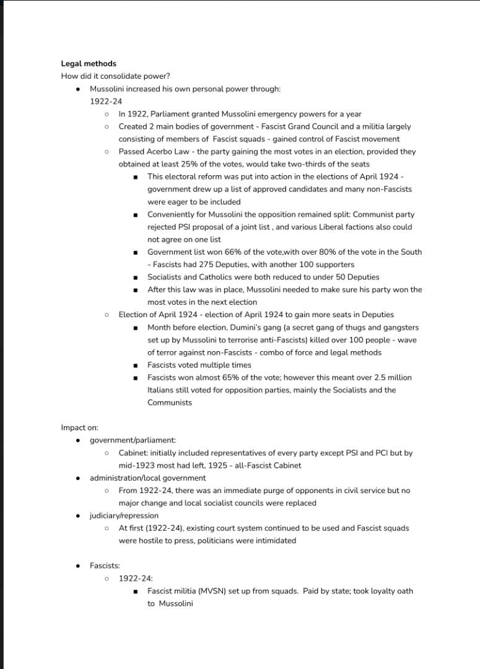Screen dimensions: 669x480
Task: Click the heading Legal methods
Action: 89,64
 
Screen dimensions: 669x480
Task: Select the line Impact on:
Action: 79,427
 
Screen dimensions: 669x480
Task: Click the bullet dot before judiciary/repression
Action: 77,515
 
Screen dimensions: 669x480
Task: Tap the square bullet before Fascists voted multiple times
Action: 136,365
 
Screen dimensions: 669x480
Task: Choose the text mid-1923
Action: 139,465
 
